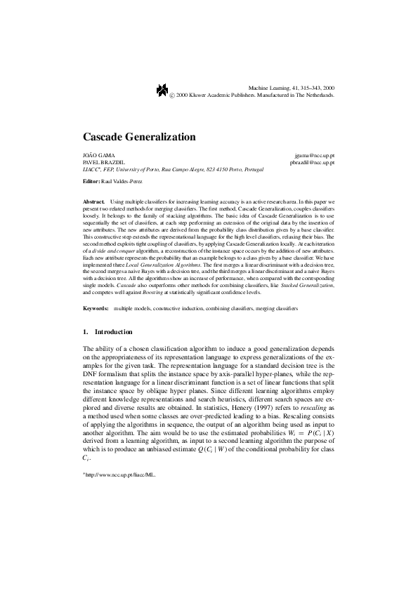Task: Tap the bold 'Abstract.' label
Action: coord(93,201)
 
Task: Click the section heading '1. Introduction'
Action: coord(107,331)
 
